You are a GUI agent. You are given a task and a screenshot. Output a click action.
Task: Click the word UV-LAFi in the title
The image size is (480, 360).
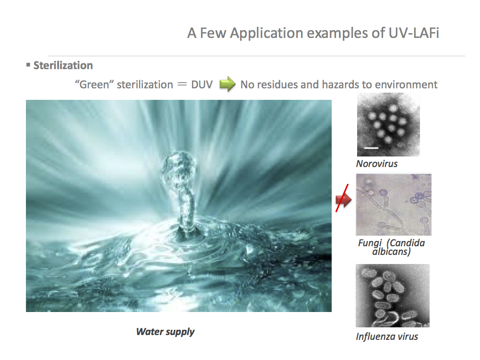pos(414,33)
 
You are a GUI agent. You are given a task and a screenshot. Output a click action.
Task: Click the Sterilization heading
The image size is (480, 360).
pos(63,65)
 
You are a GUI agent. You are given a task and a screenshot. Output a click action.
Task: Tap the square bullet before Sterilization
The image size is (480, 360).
pos(28,65)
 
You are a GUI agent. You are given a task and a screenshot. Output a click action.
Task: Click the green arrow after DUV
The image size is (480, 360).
pos(228,84)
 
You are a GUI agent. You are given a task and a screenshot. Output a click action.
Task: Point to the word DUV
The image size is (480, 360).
pos(202,84)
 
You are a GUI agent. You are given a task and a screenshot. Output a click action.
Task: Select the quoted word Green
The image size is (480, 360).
pos(94,84)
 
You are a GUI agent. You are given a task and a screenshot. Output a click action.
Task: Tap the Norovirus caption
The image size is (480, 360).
pos(376,164)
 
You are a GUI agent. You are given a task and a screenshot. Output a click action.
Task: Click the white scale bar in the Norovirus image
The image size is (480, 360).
pos(372,148)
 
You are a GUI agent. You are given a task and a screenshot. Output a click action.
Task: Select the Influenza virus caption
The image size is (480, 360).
pos(386,337)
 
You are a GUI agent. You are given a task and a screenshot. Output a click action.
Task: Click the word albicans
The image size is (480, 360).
pos(391,252)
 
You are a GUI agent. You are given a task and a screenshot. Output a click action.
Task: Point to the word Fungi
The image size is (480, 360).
pos(370,243)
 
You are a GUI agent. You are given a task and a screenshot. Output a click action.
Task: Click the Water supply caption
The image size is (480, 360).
pos(165,332)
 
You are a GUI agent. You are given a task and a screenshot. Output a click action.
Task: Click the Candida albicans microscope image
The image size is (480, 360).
pos(394,204)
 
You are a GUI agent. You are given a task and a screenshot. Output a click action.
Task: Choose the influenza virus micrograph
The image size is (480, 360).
pos(393,295)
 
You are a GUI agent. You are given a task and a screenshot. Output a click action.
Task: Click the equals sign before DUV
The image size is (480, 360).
pos(182,84)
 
